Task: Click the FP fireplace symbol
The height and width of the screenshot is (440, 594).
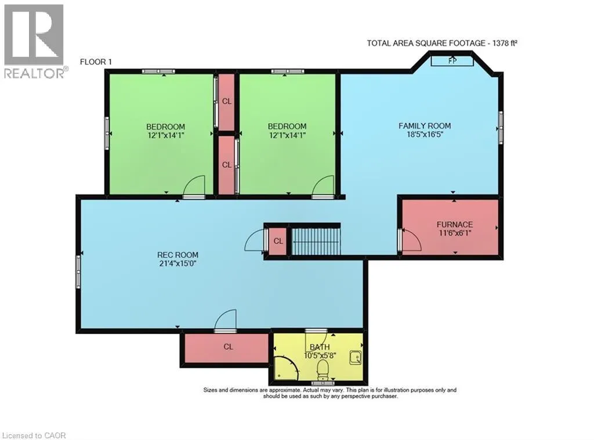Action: [452, 60]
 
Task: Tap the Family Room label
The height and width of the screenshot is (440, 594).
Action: [424, 125]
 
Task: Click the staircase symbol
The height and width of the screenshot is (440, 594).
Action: [315, 240]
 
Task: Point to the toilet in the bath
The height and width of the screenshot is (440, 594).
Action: [323, 369]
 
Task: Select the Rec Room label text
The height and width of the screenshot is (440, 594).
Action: [178, 254]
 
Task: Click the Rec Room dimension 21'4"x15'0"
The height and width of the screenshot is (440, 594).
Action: [178, 263]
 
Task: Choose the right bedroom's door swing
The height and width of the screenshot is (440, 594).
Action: [322, 187]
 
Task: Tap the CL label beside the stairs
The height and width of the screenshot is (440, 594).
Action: [278, 241]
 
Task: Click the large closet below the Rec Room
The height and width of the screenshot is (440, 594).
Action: [227, 347]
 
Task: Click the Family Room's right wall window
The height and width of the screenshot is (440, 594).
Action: [501, 123]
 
